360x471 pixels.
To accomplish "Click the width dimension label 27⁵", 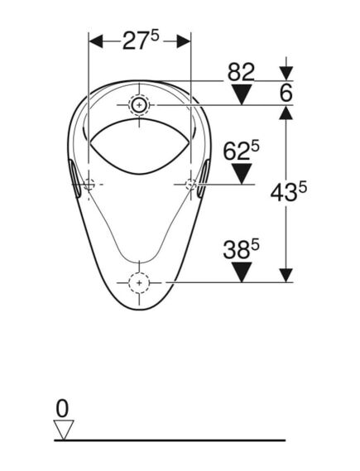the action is (140, 41).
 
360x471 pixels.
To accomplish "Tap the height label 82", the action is (241, 72).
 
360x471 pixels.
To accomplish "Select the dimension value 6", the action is (286, 93).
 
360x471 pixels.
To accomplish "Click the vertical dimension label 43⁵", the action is (289, 192).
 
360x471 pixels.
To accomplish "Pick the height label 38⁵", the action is (241, 250).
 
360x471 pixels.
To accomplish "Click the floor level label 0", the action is (62, 408).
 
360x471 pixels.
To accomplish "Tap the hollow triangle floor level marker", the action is (64, 430).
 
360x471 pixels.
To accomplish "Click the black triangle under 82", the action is (242, 94).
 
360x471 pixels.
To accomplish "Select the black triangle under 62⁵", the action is (242, 174).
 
